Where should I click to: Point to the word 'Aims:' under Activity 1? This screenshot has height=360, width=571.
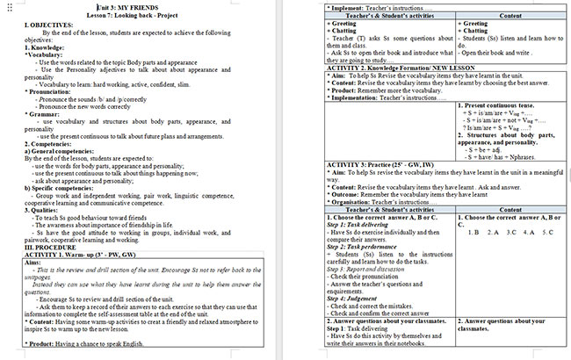coord(35,263)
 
